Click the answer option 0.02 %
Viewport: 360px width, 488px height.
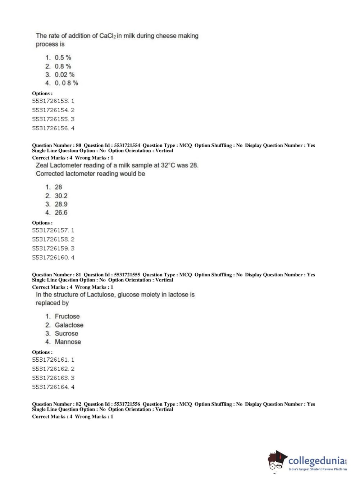click(64, 75)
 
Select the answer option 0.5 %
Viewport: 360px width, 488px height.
click(63, 58)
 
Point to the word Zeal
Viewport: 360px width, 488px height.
click(42, 166)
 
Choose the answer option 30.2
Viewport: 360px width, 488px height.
click(61, 196)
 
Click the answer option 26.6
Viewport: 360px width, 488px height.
click(61, 213)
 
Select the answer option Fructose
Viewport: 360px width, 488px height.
click(67, 316)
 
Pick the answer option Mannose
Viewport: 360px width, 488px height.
click(68, 342)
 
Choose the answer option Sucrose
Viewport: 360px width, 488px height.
click(66, 334)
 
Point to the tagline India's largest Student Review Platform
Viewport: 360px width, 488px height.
click(318, 469)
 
